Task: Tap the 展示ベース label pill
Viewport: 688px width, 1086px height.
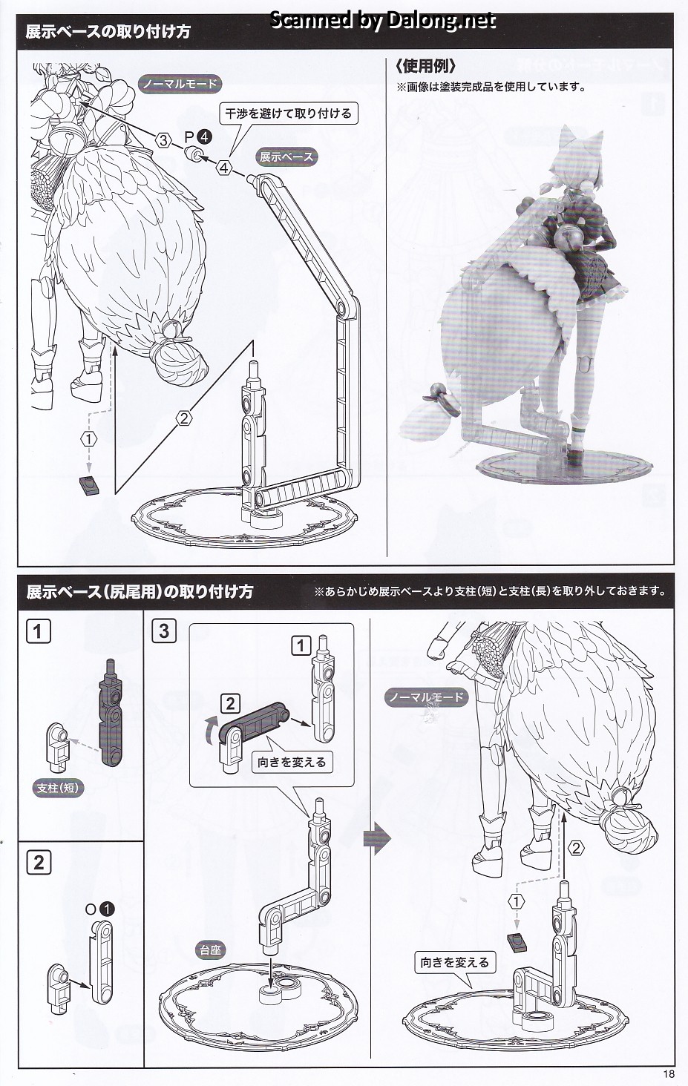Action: (x=286, y=157)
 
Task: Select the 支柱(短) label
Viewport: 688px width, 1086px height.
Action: (x=58, y=788)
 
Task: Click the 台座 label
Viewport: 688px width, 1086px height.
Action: (x=210, y=950)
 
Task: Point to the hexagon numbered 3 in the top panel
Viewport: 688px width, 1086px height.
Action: (x=163, y=140)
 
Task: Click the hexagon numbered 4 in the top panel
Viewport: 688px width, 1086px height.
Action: (x=223, y=168)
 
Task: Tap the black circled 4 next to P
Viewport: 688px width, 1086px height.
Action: (x=204, y=137)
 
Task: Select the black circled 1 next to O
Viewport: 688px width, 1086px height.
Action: (x=107, y=909)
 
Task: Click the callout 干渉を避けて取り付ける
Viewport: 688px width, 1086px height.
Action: (x=288, y=114)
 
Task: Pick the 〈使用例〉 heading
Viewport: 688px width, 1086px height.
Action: (x=425, y=66)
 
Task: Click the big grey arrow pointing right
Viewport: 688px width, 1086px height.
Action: (x=377, y=837)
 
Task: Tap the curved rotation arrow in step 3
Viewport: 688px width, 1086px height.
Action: (x=211, y=733)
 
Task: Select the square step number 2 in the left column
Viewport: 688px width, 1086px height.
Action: (x=39, y=863)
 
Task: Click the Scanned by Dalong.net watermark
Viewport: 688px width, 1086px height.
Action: (x=383, y=20)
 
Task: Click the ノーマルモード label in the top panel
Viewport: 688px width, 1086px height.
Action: (x=180, y=84)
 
